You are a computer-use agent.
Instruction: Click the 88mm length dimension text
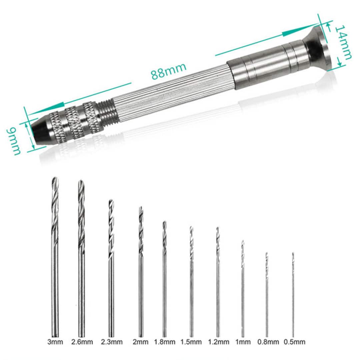pos(168,71)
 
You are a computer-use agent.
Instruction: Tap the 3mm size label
pos(55,342)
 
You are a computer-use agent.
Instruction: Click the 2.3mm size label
pos(111,342)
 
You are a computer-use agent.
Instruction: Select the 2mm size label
pos(140,342)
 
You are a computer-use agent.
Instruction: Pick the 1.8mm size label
pos(164,342)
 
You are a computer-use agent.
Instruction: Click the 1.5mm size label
pos(191,342)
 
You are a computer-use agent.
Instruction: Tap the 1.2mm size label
pos(218,342)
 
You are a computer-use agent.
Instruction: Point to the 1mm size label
pos(243,342)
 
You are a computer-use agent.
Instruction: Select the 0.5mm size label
pos(295,342)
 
